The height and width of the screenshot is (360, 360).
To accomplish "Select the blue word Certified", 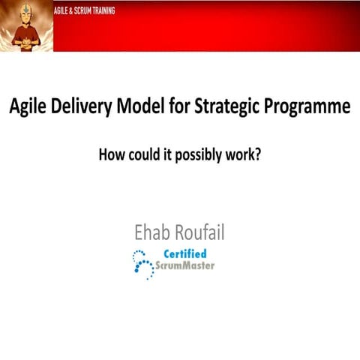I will tap(184, 253).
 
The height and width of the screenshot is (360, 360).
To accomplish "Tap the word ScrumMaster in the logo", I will tap(184, 265).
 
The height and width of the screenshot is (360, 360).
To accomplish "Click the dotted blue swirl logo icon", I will tap(142, 263).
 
